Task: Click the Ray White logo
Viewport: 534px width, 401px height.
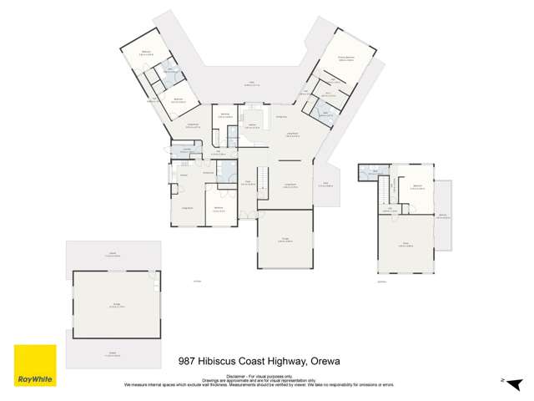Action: click(35, 367)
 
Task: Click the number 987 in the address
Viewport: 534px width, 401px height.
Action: click(190, 362)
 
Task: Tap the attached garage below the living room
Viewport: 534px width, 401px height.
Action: click(285, 238)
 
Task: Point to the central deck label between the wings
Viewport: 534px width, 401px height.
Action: click(249, 83)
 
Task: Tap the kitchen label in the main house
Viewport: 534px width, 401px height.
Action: click(251, 124)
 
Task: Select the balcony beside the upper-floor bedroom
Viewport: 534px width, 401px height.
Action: click(443, 215)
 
